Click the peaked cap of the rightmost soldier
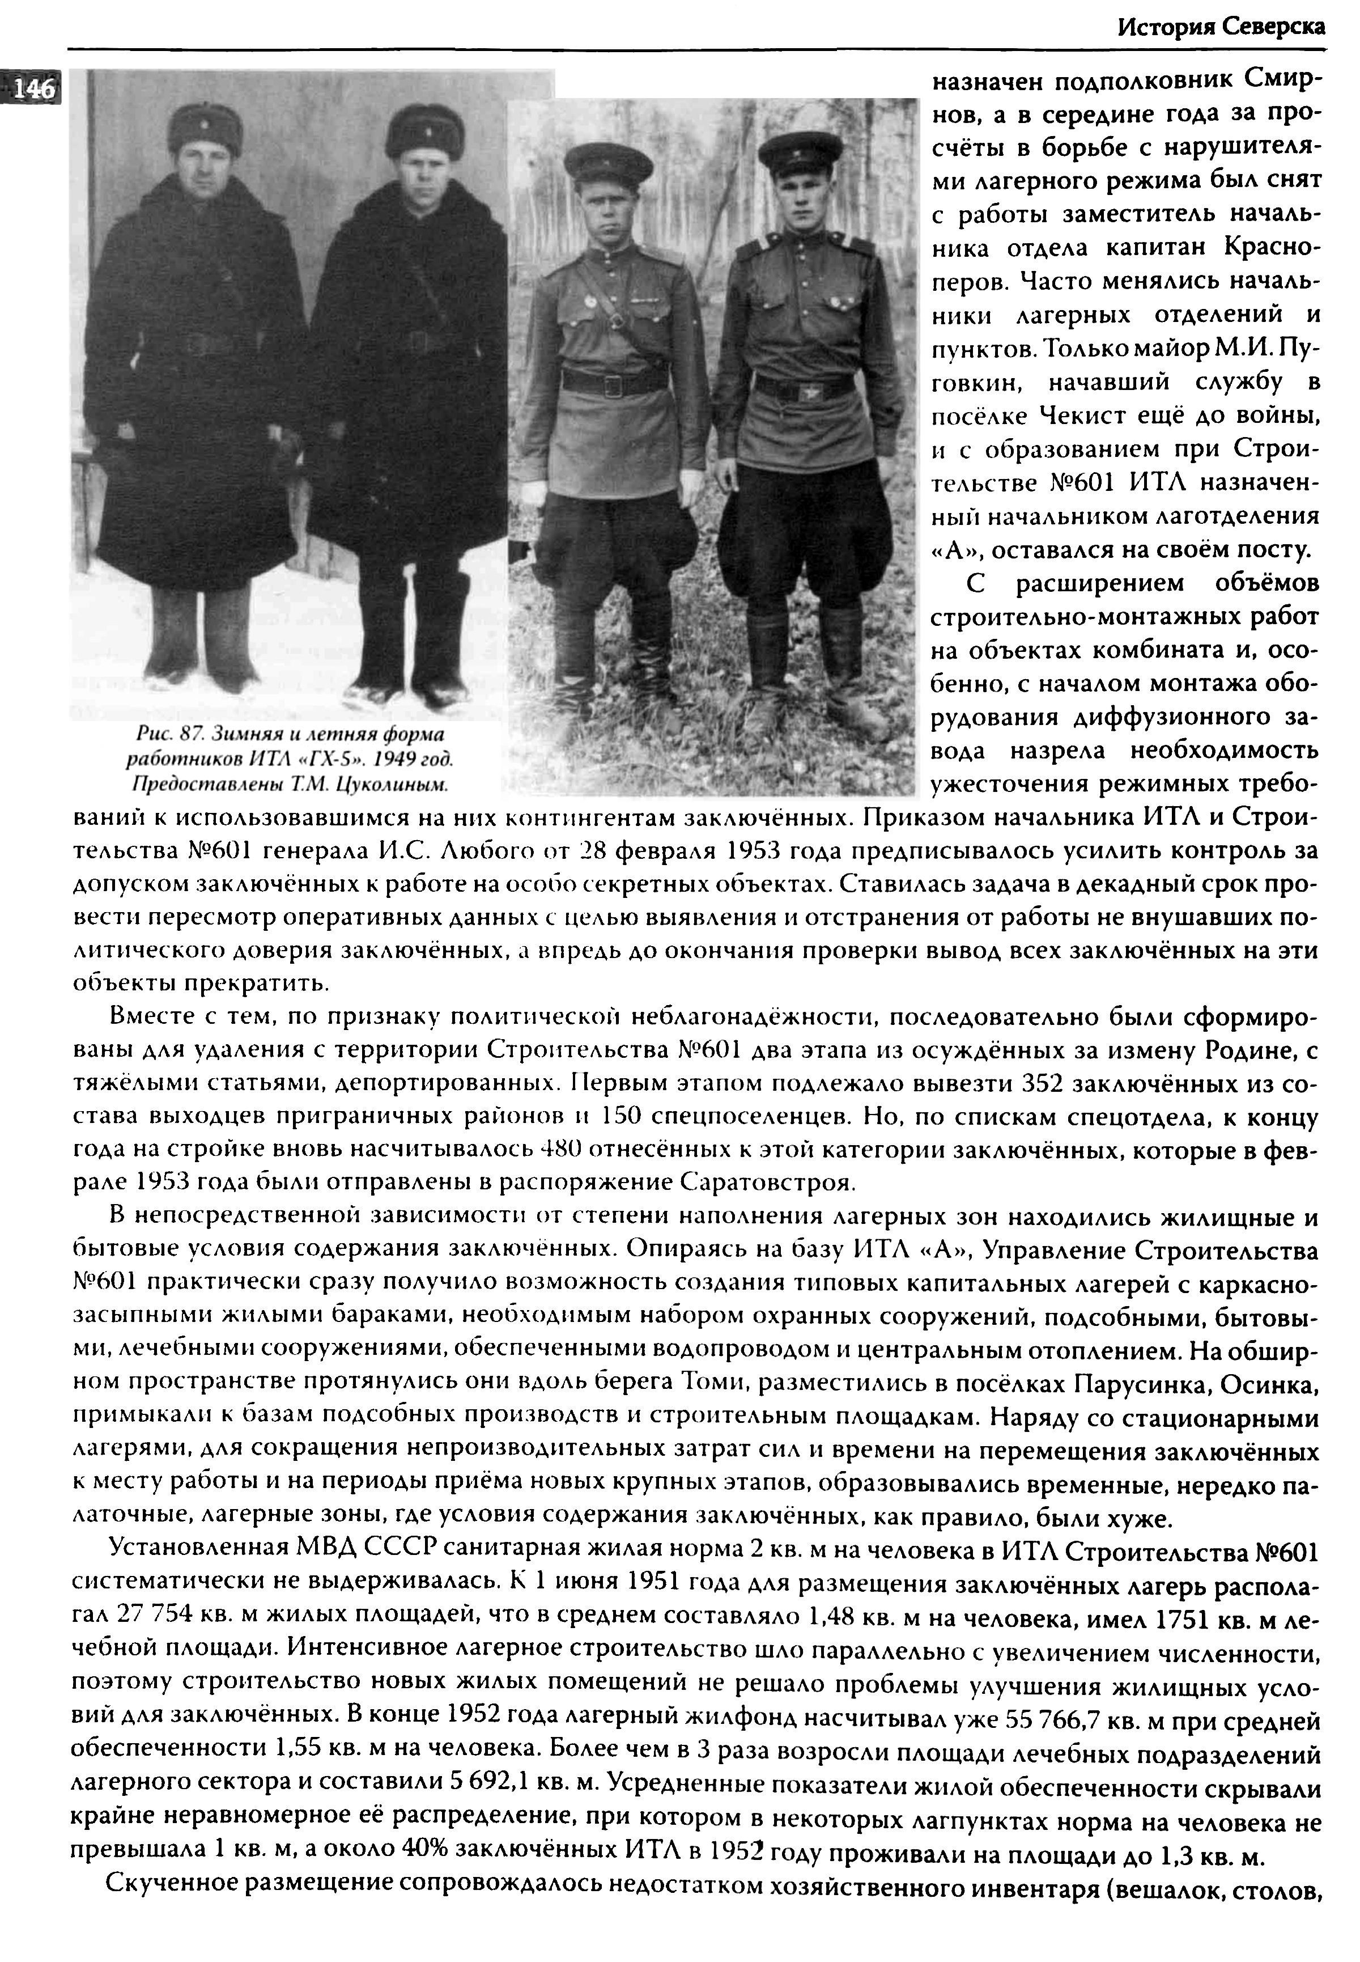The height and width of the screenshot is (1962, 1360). click(800, 149)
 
